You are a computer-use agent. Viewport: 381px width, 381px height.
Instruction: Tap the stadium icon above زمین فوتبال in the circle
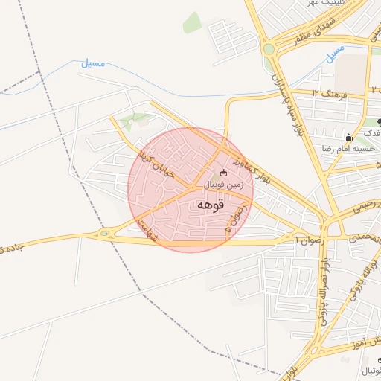224,173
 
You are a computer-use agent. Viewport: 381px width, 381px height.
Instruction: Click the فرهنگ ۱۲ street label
326,94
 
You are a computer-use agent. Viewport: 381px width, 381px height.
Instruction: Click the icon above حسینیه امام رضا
348,137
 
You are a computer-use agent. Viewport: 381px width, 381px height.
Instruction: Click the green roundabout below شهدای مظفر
268,50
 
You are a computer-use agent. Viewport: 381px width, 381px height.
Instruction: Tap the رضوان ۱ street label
307,240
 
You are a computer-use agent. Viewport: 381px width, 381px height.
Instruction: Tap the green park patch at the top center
192,22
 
